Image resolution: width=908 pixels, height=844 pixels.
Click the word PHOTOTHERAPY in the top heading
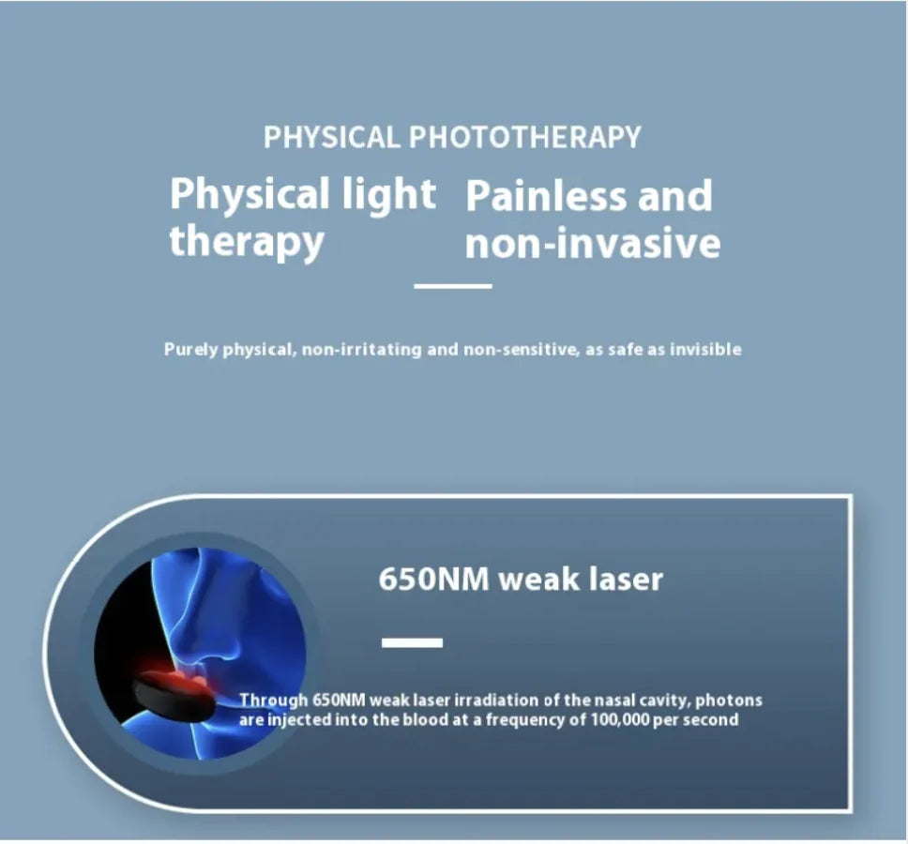525,137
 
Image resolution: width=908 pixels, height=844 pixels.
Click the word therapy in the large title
247,241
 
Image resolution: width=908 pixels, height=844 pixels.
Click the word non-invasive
593,243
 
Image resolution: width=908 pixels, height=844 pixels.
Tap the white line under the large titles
453,286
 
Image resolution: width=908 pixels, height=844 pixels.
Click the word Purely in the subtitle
191,350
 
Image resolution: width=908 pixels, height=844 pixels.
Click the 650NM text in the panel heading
433,579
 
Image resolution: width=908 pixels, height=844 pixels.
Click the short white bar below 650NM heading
412,642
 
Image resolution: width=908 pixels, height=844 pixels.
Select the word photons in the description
729,701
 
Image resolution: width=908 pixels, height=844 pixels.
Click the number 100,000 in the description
624,720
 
